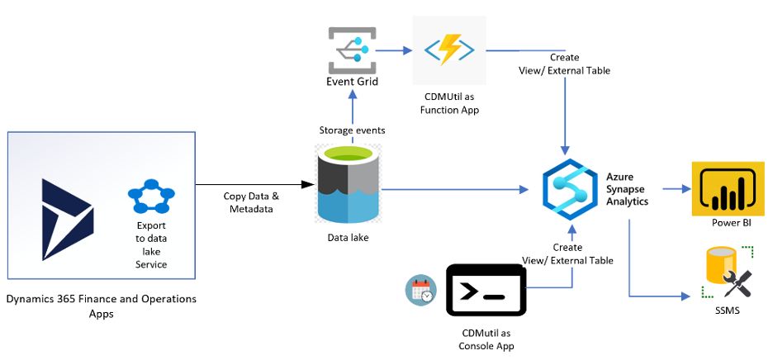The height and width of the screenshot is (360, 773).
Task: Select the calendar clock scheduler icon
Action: pos(421,290)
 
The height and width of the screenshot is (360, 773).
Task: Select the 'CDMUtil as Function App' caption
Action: pos(449,102)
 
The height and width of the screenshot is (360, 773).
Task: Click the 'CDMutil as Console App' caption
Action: pos(486,339)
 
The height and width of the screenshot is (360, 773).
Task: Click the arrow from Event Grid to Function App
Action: pos(395,51)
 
